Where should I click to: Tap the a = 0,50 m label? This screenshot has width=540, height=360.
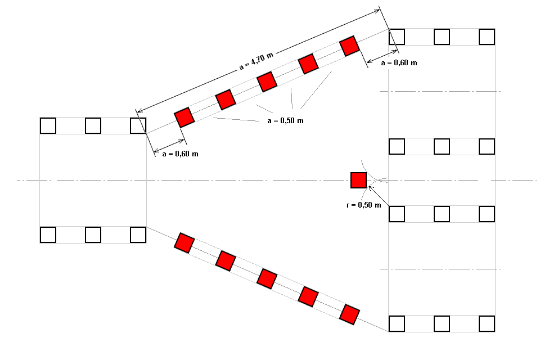click(x=285, y=121)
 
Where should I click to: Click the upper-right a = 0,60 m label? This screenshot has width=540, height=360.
click(x=399, y=63)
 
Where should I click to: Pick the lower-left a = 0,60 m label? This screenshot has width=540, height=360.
click(x=179, y=153)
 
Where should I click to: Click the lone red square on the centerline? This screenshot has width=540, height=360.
click(x=358, y=180)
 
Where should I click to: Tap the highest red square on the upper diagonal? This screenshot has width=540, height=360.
click(x=349, y=46)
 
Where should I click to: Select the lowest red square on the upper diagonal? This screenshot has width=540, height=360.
click(x=184, y=118)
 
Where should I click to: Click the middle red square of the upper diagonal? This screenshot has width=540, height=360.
click(x=267, y=82)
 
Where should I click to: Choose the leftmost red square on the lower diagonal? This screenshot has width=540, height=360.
click(x=184, y=242)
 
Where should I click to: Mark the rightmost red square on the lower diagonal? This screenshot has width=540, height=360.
click(x=349, y=314)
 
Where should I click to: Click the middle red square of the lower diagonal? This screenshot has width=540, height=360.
click(x=267, y=278)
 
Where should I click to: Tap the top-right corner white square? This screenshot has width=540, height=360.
click(x=487, y=37)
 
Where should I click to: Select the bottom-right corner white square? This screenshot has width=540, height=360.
click(x=487, y=323)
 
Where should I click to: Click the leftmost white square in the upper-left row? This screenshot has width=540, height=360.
click(x=48, y=125)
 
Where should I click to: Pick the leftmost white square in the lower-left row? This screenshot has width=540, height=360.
click(x=48, y=234)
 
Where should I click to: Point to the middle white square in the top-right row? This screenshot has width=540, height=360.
click(x=442, y=37)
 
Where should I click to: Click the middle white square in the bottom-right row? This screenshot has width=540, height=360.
click(x=442, y=323)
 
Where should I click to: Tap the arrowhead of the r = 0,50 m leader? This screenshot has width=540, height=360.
click(x=370, y=187)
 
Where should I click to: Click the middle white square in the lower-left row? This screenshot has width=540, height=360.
click(x=93, y=234)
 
